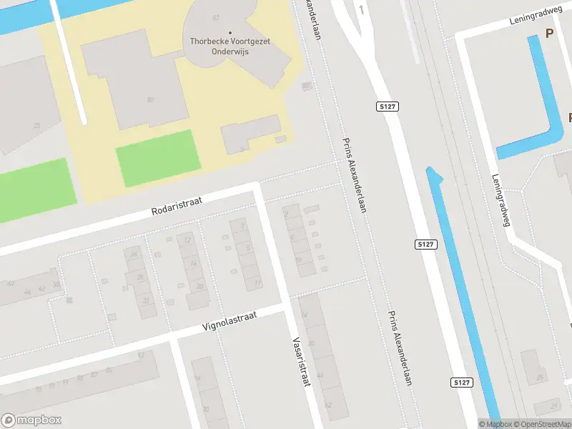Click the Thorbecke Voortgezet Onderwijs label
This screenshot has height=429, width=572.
coord(230,46)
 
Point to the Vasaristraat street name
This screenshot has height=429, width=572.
coord(301,363)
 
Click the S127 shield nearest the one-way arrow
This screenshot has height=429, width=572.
coord(386,107)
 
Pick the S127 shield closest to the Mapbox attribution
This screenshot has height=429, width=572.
coord(462,383)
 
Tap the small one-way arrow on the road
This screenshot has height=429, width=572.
coord(362,10)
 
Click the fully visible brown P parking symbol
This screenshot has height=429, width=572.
coord(549,33)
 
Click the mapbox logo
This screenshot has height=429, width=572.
coord(31,420)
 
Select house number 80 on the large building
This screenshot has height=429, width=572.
coord(150,99)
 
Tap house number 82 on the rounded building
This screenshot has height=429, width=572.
coord(214,16)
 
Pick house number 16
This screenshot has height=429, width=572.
coord(193,263)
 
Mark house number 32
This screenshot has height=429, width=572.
coord(145,301)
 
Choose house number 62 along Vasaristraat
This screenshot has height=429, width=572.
coord(328,405)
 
